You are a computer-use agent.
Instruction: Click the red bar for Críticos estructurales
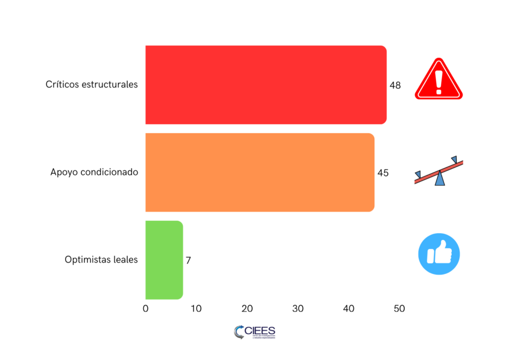coord(265,85)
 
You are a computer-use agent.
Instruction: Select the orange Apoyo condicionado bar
coord(259,173)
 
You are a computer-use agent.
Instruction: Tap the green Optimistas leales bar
coord(164,260)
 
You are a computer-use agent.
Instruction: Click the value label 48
coord(395,85)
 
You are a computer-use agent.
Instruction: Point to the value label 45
coord(383,173)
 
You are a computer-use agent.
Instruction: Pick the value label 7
coord(188,260)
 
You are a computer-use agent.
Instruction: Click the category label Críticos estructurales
coord(91,85)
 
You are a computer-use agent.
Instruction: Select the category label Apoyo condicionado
coord(94,173)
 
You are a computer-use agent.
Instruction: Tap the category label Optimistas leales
coord(101,260)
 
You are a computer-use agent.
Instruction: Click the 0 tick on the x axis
coord(146,309)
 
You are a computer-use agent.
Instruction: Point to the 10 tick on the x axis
coord(196,309)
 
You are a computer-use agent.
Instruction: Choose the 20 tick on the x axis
coord(247,309)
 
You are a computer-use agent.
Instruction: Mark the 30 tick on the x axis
coord(298,309)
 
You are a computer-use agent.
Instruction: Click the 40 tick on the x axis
coord(348,309)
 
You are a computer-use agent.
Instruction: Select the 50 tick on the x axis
coord(399,309)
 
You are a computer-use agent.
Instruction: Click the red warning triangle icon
coord(438,81)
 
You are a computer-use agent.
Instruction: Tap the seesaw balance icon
coord(438,171)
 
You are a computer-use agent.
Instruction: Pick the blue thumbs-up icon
coord(439,254)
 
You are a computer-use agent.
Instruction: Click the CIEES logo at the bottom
coord(254,332)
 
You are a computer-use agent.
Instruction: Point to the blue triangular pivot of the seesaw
coord(439,179)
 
